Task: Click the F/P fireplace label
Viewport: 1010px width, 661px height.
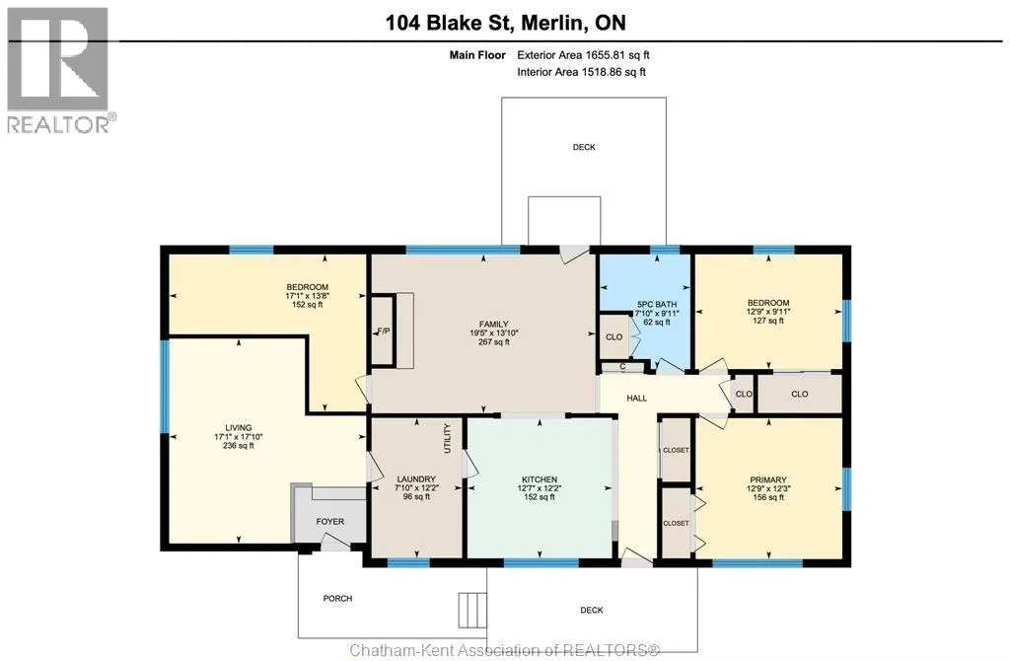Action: tap(384, 331)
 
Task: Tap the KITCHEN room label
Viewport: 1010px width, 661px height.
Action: tap(540, 479)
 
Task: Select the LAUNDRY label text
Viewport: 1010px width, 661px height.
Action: tap(416, 479)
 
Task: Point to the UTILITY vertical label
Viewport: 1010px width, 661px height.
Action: tap(447, 439)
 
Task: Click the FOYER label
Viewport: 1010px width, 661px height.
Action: tap(329, 522)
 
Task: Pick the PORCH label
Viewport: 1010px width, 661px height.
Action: tap(337, 599)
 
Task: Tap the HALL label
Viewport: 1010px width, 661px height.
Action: tap(636, 399)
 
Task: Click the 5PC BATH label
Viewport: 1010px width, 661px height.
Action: tap(656, 304)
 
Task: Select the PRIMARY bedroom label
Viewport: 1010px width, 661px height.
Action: tap(767, 480)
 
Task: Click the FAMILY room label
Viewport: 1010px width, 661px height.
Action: tap(493, 324)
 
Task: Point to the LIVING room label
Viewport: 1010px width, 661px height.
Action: tap(238, 428)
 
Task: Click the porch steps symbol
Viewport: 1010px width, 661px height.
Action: tap(472, 611)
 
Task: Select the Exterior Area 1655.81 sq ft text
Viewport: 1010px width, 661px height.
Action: tap(583, 55)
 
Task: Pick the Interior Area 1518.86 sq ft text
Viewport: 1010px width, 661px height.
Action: tap(581, 72)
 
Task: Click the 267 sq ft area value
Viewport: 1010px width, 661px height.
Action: tap(493, 342)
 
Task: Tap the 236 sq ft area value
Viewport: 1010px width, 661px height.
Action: tap(238, 446)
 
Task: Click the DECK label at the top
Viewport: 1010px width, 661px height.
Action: tap(584, 148)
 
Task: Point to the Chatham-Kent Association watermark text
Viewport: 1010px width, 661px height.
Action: tap(504, 650)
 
